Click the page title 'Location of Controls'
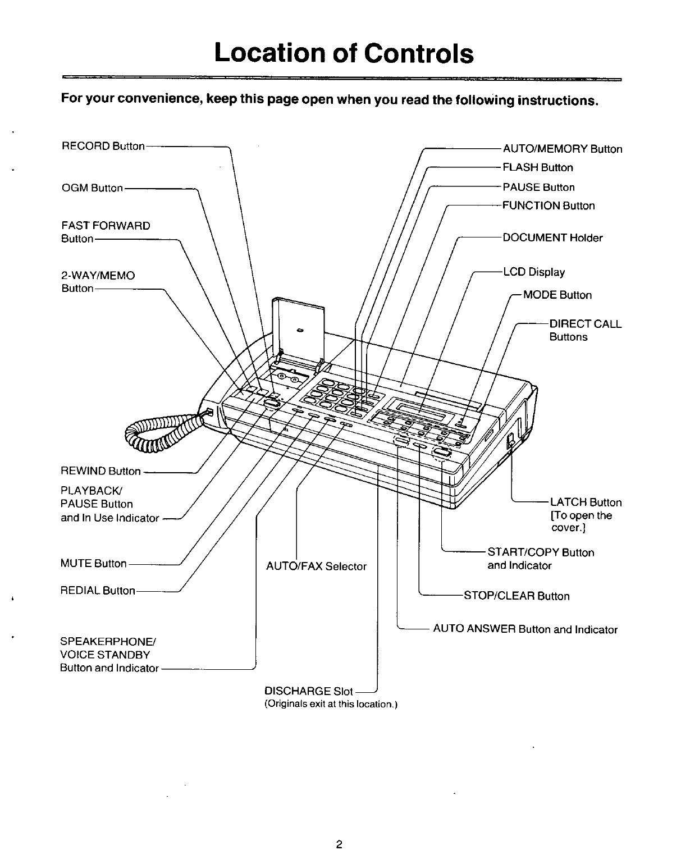(x=344, y=53)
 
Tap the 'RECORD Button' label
(x=103, y=146)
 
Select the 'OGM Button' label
(x=92, y=188)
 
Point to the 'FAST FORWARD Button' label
(x=106, y=232)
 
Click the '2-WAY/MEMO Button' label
(x=98, y=281)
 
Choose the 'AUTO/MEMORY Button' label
(x=562, y=149)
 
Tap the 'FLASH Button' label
(x=537, y=167)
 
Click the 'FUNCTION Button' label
(x=549, y=205)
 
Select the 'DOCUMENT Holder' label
(x=552, y=237)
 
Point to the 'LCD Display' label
(x=533, y=272)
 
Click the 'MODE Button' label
(x=557, y=295)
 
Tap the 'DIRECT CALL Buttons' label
(x=585, y=330)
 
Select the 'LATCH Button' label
(x=586, y=502)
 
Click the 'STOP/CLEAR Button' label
(x=516, y=596)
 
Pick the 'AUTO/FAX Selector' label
(x=316, y=566)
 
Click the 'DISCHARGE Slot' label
(x=308, y=691)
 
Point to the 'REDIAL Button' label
(x=98, y=591)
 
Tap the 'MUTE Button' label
(x=93, y=563)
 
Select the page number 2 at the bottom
(x=339, y=829)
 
